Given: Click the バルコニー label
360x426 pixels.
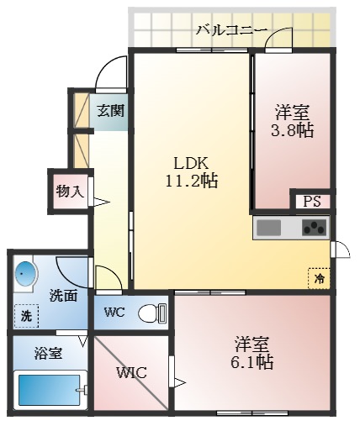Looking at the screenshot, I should tap(231, 30).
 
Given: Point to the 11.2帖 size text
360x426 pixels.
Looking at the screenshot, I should tap(193, 181).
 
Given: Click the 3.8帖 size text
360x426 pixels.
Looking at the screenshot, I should tap(294, 130).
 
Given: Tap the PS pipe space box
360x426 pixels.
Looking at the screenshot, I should tap(312, 202).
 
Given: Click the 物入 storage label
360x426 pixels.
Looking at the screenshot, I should tap(69, 191).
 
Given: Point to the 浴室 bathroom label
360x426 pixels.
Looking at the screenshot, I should tap(48, 353).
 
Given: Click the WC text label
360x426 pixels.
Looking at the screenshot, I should tap(114, 313).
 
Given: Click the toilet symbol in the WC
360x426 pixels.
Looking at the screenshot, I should tap(151, 313).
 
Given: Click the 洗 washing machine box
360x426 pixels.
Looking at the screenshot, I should tap(26, 316).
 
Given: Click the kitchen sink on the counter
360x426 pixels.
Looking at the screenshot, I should tap(271, 227).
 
